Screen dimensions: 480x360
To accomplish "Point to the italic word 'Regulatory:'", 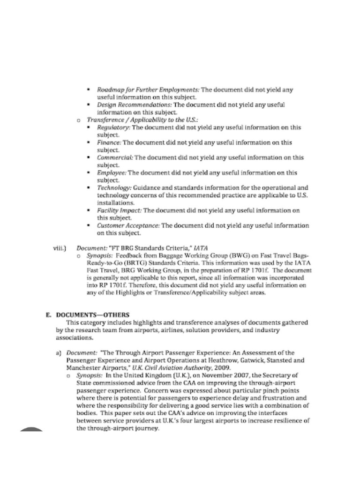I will coord(113,127).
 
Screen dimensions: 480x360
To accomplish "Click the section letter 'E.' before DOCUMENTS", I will coord(48,314).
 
